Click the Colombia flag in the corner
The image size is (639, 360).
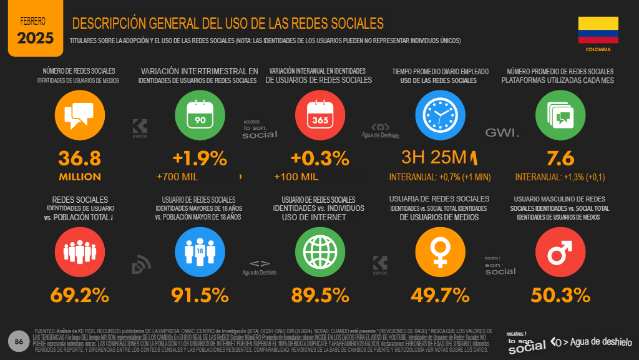(x=598, y=31)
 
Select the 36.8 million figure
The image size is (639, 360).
(x=79, y=158)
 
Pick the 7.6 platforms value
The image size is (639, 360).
(x=560, y=158)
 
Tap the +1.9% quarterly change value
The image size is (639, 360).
(x=200, y=158)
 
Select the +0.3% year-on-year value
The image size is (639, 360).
(x=319, y=158)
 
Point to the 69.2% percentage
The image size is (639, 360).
(x=79, y=294)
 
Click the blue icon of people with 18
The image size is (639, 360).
(x=200, y=250)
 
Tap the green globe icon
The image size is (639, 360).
(x=319, y=250)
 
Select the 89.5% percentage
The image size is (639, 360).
(x=319, y=294)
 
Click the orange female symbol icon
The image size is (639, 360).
(x=440, y=250)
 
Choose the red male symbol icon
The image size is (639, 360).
(x=560, y=250)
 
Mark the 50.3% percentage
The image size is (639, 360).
(x=560, y=294)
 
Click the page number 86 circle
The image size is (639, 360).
(x=19, y=341)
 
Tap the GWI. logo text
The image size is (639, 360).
(x=502, y=133)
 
